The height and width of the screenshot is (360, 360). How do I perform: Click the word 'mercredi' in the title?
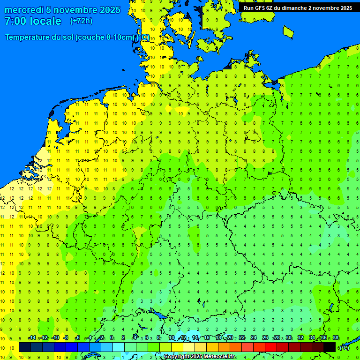coord(23,10)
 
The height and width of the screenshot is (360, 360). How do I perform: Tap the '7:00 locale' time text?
coord(33,21)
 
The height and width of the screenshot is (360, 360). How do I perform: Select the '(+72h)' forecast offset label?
coord(81,21)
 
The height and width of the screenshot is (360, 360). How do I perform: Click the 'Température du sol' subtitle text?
coord(39,37)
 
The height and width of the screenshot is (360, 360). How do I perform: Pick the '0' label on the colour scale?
coord(112,338)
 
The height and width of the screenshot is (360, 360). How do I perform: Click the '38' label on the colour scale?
coord(336,338)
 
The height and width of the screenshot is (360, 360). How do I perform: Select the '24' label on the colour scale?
coord(254,338)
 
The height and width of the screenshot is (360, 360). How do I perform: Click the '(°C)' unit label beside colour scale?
coord(345,347)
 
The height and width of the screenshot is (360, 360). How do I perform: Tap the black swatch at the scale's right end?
coord(330,347)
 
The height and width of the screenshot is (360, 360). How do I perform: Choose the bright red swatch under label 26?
coord(270,347)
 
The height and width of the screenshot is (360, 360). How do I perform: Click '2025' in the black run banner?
coord(346,8)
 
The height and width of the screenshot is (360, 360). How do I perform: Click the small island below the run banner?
coord(288,31)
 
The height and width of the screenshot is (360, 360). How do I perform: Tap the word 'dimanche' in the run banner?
coord(294,8)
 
